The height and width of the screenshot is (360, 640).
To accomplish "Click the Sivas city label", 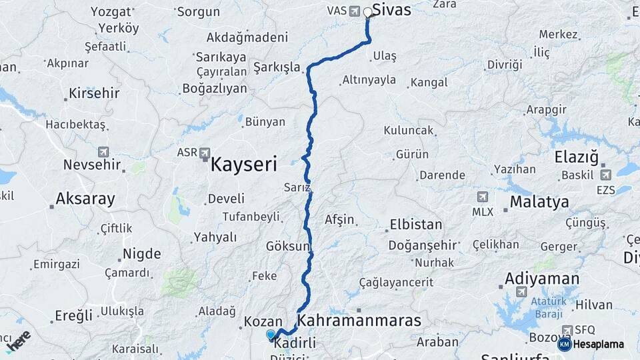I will click(x=391, y=10).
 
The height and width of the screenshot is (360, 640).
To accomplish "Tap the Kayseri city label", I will click(x=243, y=165).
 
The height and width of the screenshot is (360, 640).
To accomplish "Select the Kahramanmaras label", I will click(x=359, y=321).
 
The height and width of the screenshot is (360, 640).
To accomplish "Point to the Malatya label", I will click(x=539, y=201).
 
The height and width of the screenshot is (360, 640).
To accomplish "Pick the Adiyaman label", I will click(x=542, y=278).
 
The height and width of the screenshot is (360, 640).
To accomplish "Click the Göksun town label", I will click(x=288, y=246).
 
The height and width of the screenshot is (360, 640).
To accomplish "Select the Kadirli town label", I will click(x=295, y=343).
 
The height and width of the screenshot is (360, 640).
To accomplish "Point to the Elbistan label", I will click(x=415, y=224).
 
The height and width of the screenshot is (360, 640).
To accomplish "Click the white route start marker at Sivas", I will click(x=367, y=12).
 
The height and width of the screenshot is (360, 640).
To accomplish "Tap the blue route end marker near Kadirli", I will click(x=271, y=335).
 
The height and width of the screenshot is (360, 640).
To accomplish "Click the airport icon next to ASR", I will click(x=205, y=153).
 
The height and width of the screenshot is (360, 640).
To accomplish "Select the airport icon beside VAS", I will click(x=353, y=11).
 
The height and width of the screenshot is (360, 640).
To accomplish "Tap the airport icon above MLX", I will click(x=482, y=197).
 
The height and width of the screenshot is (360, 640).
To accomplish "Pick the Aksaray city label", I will click(x=85, y=198).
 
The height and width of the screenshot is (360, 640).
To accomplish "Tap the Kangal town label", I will click(x=429, y=83).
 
